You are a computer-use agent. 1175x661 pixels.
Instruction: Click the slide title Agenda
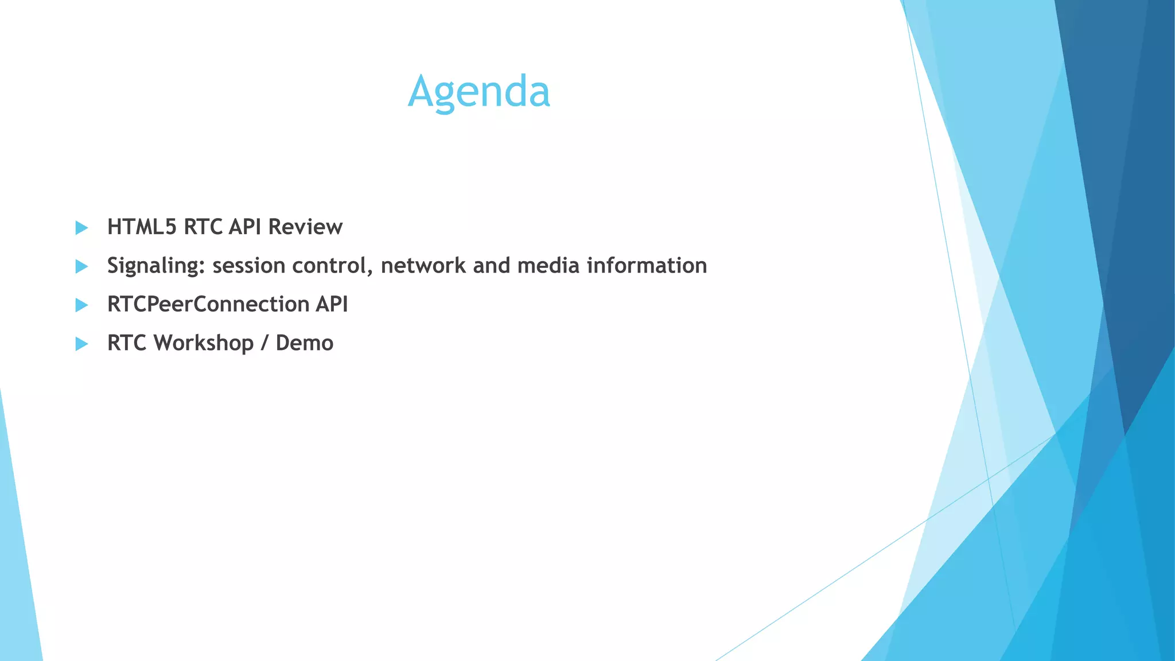[x=479, y=92]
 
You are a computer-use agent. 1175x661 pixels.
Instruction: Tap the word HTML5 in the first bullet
[x=142, y=227]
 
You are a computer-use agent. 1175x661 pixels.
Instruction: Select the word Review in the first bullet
[x=305, y=227]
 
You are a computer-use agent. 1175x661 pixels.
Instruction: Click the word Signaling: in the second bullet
[x=156, y=266]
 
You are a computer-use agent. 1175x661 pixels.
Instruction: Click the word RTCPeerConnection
[x=208, y=304]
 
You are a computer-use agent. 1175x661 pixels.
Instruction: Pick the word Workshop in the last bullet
[x=204, y=343]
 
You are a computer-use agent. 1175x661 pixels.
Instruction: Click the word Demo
[x=304, y=343]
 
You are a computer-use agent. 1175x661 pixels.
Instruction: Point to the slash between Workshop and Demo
[x=264, y=343]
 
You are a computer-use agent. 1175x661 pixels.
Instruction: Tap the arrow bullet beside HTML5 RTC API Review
[x=81, y=228]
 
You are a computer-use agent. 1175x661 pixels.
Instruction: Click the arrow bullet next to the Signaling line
[x=81, y=266]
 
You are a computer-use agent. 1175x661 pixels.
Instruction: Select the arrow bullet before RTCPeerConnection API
[x=81, y=305]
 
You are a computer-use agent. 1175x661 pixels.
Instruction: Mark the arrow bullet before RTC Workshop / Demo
[x=81, y=344]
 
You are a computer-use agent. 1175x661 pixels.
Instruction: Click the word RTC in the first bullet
[x=203, y=227]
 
